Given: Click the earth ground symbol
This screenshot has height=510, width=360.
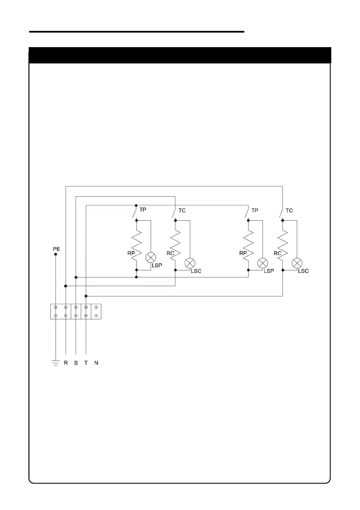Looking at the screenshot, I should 55,363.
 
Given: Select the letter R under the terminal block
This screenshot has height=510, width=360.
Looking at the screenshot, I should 66,363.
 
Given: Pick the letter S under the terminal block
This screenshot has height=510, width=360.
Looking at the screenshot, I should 76,363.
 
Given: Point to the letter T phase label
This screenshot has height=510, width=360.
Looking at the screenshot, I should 86,363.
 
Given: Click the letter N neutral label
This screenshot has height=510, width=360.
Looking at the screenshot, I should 96,363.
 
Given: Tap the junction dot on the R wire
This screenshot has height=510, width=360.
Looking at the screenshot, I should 66,285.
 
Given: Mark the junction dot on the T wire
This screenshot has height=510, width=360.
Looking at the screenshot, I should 86,296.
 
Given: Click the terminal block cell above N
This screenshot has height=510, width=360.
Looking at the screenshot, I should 96,312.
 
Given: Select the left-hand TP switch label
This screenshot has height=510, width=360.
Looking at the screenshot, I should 143,210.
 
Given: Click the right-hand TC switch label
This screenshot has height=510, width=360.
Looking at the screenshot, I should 289,210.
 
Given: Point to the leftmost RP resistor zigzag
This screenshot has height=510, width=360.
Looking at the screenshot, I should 136,245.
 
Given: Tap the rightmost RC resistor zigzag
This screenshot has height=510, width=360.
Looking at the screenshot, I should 283,245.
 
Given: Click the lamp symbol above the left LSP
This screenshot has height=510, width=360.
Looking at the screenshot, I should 150,258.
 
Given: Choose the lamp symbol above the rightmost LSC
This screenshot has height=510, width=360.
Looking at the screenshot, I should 296,263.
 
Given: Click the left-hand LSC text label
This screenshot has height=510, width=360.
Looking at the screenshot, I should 196,271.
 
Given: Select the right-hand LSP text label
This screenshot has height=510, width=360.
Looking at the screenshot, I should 269,271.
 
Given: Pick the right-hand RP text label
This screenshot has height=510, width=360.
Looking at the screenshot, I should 243,253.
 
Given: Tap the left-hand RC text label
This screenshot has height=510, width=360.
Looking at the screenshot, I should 170,253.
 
